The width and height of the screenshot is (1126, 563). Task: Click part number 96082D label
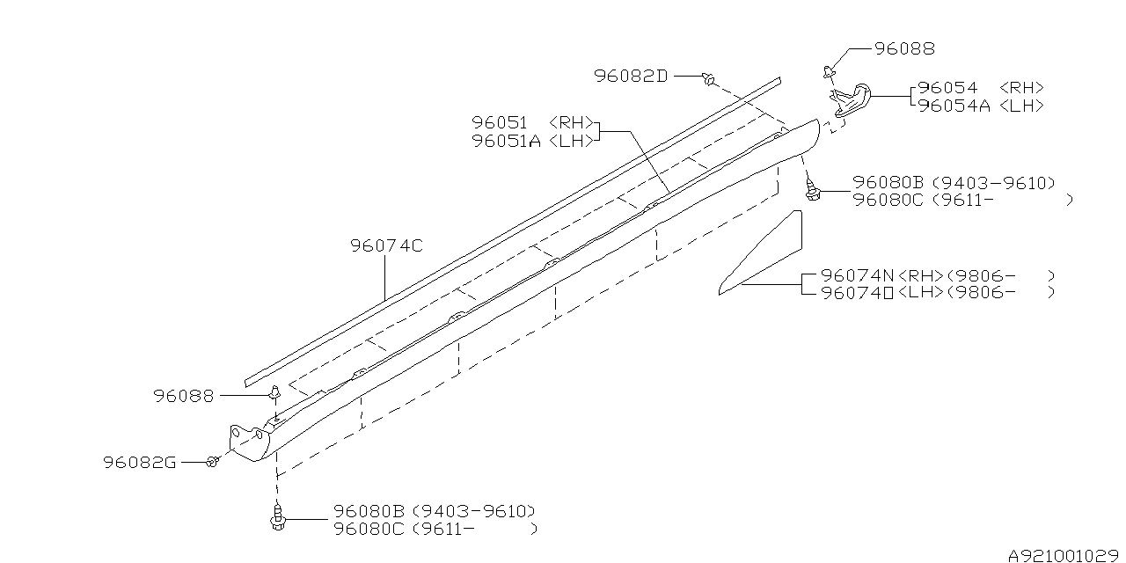tap(630, 77)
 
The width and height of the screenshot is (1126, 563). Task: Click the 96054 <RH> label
tap(980, 88)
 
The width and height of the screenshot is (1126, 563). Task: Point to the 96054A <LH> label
tap(980, 106)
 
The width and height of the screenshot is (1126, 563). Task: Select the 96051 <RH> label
tap(533, 123)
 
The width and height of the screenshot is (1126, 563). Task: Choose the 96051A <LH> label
tap(533, 141)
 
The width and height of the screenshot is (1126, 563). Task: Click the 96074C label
tap(386, 245)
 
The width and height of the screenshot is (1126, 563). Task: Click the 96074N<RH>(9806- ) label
tap(937, 275)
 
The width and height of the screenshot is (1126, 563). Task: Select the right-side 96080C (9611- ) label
tap(962, 201)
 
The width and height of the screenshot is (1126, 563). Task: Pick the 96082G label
tap(139, 462)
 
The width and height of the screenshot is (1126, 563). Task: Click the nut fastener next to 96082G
tap(212, 461)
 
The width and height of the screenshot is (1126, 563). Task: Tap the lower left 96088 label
tap(183, 397)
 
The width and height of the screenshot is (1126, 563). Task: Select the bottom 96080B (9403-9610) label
tap(434, 511)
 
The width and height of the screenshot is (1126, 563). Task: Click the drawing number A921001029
tap(1065, 555)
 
